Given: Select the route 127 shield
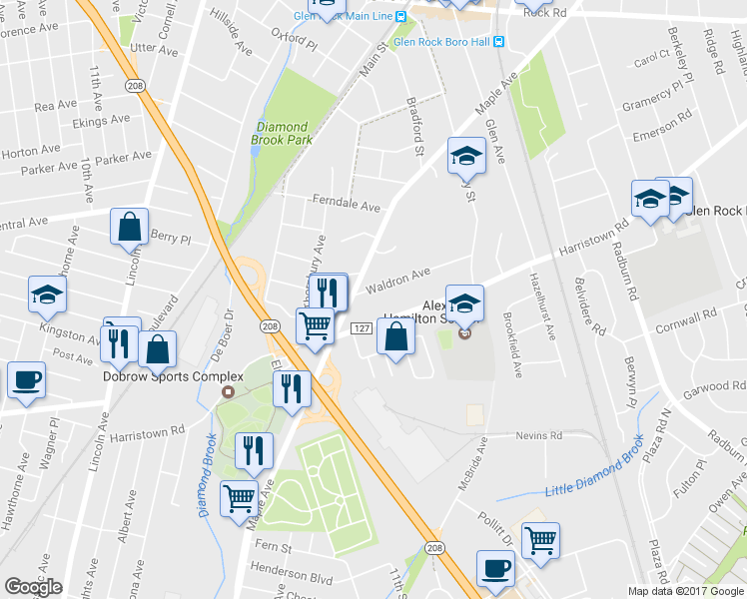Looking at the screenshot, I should click(x=362, y=329).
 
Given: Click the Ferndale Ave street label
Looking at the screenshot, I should click(x=347, y=207).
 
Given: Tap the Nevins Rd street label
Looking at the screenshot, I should click(x=539, y=435).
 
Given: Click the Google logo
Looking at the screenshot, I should click(x=33, y=587).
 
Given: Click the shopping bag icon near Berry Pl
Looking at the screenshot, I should click(x=130, y=228).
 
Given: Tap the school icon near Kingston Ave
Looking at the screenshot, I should click(x=48, y=295).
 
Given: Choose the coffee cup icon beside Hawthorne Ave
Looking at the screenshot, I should click(x=26, y=380).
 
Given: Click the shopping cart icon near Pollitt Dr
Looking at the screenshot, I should click(x=540, y=540).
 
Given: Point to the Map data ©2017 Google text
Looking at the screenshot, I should click(x=685, y=591).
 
